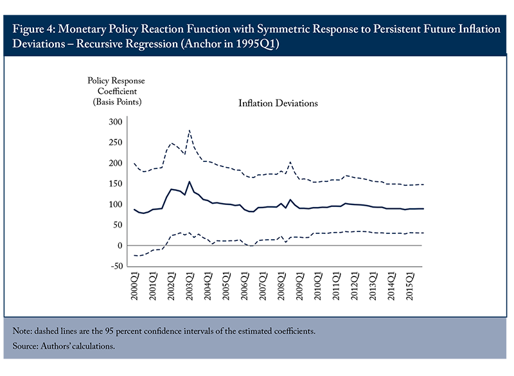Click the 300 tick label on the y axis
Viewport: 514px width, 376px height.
116,122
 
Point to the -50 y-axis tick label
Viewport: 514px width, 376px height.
117,266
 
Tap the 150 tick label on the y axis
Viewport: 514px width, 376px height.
116,184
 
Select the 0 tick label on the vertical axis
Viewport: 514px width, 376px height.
120,246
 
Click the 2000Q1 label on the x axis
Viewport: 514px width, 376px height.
135,286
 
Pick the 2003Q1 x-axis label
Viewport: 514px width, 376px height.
190,286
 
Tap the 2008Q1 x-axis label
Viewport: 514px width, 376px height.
281,286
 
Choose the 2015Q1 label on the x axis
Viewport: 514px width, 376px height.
410,286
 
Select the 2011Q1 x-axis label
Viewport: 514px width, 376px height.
336,286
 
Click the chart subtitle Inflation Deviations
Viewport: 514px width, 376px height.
278,103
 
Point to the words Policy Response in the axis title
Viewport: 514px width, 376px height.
116,80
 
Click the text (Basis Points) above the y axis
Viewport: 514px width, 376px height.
117,102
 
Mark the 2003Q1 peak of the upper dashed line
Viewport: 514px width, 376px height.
190,130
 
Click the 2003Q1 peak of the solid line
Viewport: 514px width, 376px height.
190,182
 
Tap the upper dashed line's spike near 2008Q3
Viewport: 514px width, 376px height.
290,162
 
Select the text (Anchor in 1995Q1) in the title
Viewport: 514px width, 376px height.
230,44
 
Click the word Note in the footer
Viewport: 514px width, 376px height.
22,331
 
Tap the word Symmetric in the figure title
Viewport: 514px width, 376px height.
283,29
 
